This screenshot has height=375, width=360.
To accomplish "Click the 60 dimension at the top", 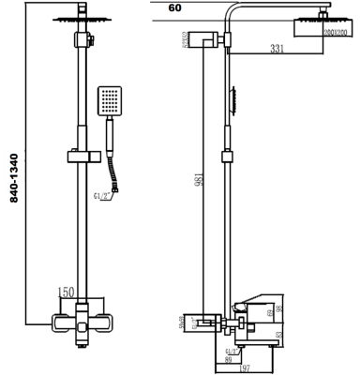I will (x=174, y=7).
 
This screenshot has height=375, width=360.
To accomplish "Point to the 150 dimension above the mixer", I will (x=67, y=292).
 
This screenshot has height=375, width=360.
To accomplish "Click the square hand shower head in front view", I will (x=109, y=101).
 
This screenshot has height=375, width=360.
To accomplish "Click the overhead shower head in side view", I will (x=323, y=28).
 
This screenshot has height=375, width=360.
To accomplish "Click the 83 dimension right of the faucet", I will (x=280, y=334).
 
